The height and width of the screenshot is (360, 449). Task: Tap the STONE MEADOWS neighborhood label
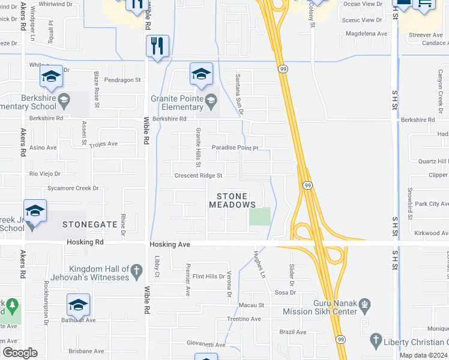(232, 200)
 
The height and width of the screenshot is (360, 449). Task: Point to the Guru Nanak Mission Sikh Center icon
(364, 311)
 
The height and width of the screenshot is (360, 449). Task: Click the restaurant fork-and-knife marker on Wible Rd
(158, 46)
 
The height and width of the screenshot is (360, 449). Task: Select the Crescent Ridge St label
(198, 176)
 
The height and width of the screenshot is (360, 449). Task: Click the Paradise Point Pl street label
(235, 148)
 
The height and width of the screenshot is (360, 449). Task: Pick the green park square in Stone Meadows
(259, 216)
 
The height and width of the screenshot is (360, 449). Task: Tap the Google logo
(20, 352)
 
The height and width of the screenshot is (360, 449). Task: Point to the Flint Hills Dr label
(205, 277)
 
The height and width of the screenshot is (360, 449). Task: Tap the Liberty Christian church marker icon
(376, 340)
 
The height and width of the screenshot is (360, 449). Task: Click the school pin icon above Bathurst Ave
(78, 305)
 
